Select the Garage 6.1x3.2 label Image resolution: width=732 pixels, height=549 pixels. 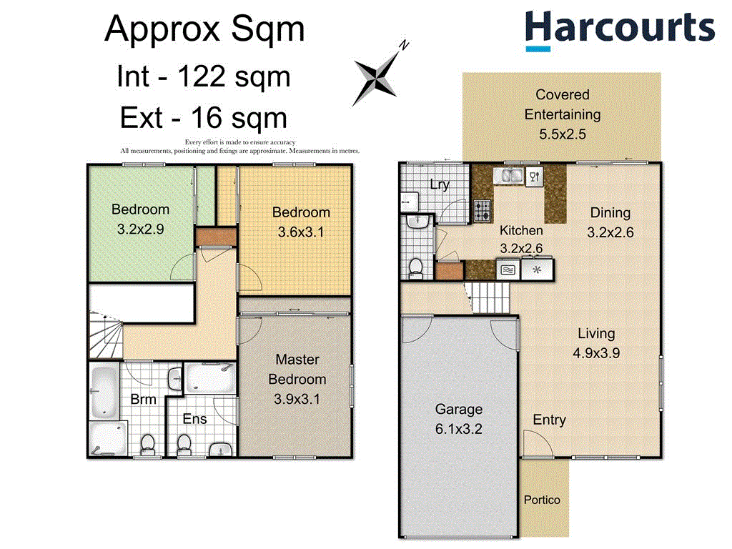tap(459, 419)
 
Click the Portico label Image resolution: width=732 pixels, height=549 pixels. tap(542, 500)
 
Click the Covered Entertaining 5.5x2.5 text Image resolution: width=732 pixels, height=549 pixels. tap(562, 114)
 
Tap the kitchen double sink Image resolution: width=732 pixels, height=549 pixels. tap(510, 176)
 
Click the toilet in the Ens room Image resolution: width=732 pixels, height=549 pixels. tap(184, 443)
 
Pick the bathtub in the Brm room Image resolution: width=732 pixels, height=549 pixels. tap(106, 392)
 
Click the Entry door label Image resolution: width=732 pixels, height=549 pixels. tap(549, 420)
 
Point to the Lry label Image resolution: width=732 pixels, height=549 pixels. tap(439, 185)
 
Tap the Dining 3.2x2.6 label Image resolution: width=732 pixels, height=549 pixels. tap(610, 222)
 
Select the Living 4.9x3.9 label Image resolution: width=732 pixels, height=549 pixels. tap(595, 342)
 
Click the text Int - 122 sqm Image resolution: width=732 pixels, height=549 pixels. tap(203, 76)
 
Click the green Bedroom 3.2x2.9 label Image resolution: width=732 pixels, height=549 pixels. tap(140, 219)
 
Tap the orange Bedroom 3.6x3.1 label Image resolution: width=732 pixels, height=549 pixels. tap(301, 222)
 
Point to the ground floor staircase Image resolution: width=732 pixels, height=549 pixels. tap(491, 296)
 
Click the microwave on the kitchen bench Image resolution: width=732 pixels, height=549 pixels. tap(507, 270)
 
